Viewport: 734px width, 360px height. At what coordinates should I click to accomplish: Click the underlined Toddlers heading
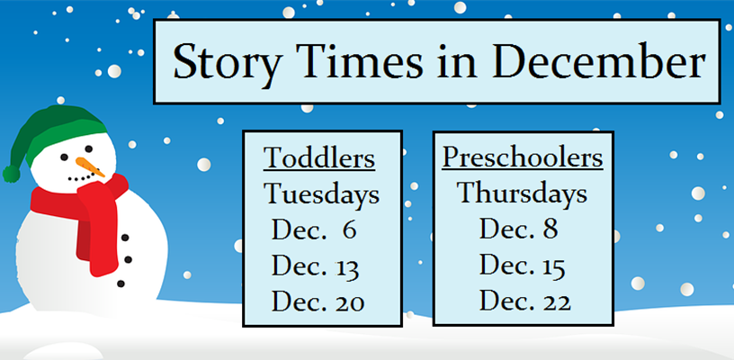319,158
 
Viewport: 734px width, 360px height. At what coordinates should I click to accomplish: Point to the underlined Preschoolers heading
523,157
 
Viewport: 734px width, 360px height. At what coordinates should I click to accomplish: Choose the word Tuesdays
322,194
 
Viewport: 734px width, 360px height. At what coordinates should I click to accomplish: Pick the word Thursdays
522,193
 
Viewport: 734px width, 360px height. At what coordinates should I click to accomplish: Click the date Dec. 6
314,229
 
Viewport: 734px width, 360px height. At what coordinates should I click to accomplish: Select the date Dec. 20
318,302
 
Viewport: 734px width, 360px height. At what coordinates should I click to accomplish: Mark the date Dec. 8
519,229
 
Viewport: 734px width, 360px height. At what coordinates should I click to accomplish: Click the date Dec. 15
522,266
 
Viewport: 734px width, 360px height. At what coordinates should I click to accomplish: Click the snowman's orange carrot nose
90,167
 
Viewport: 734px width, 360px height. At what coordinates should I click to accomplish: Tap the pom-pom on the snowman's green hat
11,174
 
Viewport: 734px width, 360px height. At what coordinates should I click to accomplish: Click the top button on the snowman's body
125,238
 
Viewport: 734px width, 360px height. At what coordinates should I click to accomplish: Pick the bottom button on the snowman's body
121,283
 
